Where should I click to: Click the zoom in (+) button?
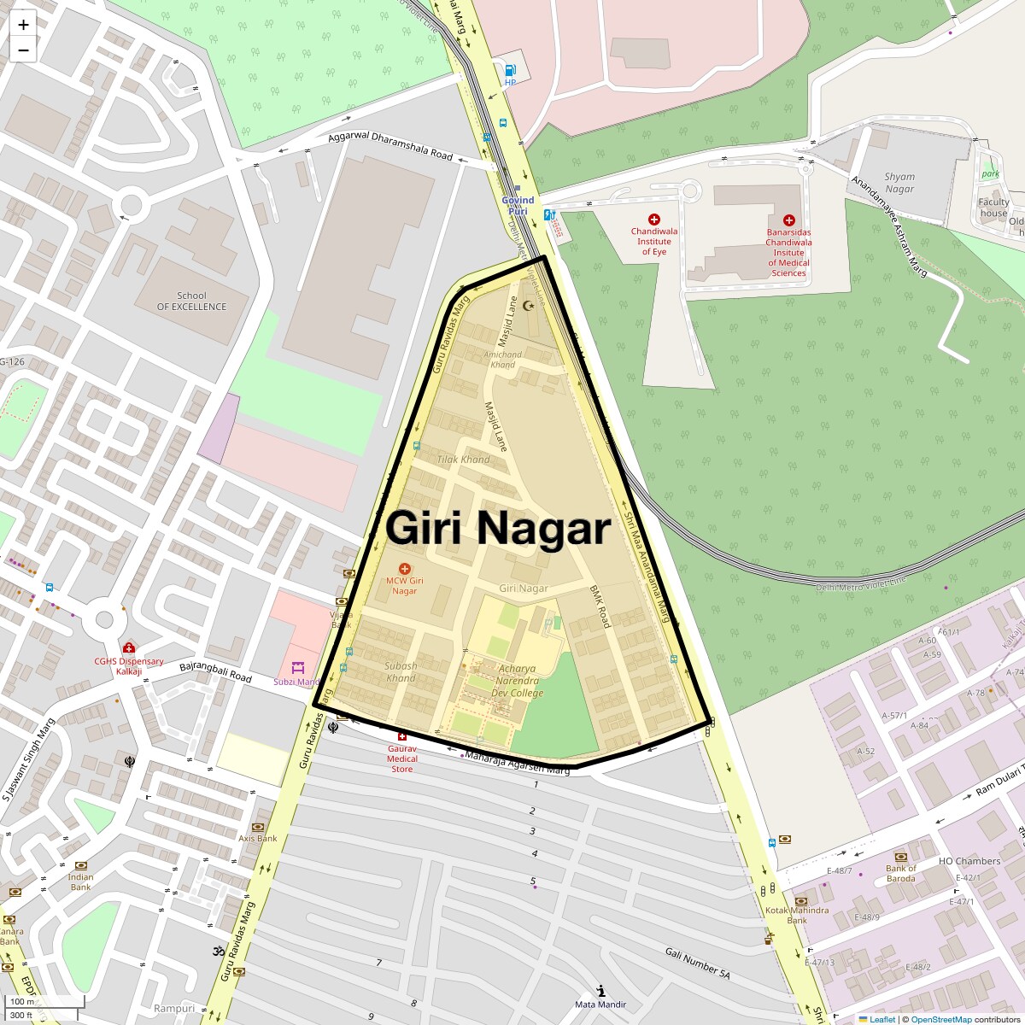tap(23, 25)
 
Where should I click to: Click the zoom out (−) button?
tap(23, 50)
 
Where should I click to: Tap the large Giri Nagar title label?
tap(498, 529)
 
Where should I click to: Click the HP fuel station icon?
tap(510, 71)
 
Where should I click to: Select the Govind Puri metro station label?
tap(518, 205)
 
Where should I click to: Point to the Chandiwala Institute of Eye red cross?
tap(654, 220)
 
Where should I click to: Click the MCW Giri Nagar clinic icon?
tap(405, 569)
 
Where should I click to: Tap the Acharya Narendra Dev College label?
tap(516, 681)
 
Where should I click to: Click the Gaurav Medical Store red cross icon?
tap(402, 736)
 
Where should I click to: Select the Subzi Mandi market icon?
tap(297, 667)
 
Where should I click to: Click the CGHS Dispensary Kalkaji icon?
tap(129, 648)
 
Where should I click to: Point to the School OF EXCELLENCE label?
tap(191, 302)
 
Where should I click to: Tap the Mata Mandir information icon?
tap(601, 991)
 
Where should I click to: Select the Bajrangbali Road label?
tap(215, 671)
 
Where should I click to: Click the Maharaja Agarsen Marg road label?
tap(516, 763)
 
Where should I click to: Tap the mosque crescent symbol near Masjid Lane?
tap(528, 305)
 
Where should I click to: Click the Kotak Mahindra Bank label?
tap(796, 915)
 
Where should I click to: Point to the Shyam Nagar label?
tap(899, 183)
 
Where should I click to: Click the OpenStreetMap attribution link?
tap(940, 1019)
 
